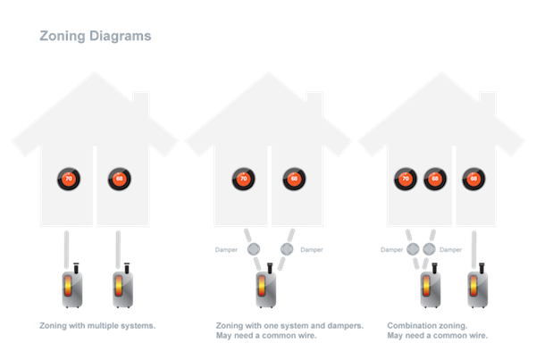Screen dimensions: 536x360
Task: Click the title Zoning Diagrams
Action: point(96,38)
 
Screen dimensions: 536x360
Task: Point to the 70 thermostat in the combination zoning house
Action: point(406,178)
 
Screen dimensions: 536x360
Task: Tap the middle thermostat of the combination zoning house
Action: point(436,178)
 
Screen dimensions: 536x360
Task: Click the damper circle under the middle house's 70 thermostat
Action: point(252,247)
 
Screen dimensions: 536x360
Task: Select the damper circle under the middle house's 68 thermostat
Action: point(288,247)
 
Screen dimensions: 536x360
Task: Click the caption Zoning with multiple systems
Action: point(98,325)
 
